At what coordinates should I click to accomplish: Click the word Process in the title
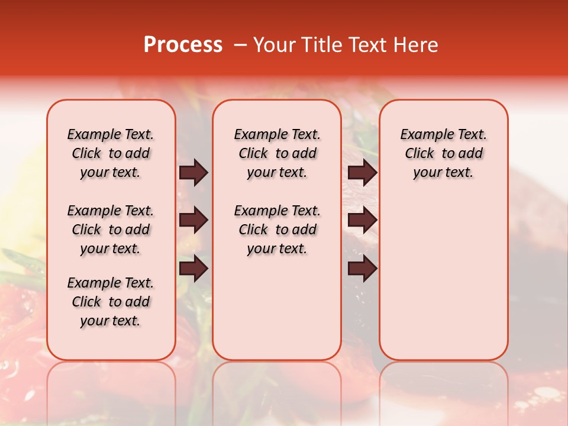pyautogui.click(x=183, y=45)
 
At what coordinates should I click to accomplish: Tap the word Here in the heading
pyautogui.click(x=416, y=45)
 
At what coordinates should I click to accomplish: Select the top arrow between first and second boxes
pyautogui.click(x=193, y=173)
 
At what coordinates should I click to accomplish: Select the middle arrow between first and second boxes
pyautogui.click(x=193, y=221)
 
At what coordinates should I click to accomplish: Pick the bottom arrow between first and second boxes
pyautogui.click(x=193, y=269)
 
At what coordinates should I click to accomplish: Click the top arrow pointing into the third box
pyautogui.click(x=363, y=173)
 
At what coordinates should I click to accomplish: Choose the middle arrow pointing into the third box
pyautogui.click(x=363, y=221)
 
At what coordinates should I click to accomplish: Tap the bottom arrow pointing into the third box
pyautogui.click(x=363, y=269)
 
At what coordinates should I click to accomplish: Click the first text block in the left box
pyautogui.click(x=111, y=153)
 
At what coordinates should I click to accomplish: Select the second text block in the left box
pyautogui.click(x=111, y=230)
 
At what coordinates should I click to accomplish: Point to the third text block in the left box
pyautogui.click(x=111, y=302)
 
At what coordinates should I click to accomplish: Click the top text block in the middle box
pyautogui.click(x=277, y=153)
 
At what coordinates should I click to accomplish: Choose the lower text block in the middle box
pyautogui.click(x=277, y=230)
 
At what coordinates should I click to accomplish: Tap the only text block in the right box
pyautogui.click(x=444, y=153)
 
